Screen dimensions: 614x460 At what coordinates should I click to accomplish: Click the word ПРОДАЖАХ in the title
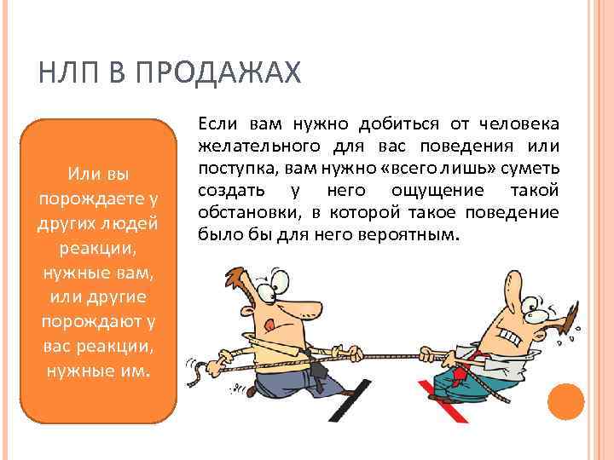point(218,72)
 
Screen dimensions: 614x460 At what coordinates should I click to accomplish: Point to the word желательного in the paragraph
point(259,147)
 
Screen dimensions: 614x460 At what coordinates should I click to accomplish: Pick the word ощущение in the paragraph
point(437,191)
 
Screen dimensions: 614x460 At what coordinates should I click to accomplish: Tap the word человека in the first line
point(519,124)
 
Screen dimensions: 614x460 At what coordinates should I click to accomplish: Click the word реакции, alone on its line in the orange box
point(98,249)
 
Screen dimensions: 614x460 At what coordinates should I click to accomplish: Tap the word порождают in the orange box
point(88,321)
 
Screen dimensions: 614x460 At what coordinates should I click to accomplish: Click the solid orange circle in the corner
point(566,402)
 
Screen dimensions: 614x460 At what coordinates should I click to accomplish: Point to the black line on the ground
point(350,400)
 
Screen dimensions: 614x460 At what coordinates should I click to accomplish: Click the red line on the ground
point(443,401)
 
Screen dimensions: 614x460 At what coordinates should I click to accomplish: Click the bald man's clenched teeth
point(511,337)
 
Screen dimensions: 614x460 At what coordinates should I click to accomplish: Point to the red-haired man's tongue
point(269,325)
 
